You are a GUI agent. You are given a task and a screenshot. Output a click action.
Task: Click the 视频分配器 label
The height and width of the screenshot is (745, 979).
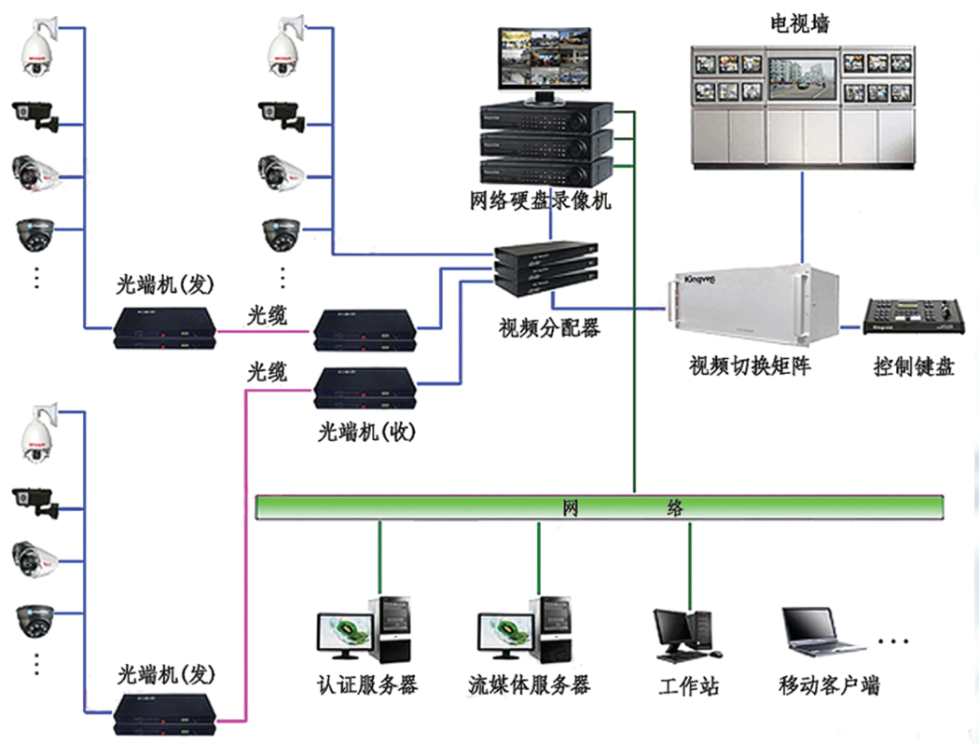(x=549, y=328)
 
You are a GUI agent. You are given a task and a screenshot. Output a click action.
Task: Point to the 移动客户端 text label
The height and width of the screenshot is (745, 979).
(x=829, y=687)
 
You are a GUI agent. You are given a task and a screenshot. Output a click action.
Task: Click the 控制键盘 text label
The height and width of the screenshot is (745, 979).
(x=914, y=366)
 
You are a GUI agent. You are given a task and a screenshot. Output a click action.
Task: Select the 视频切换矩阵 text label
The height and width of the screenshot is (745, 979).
(x=749, y=365)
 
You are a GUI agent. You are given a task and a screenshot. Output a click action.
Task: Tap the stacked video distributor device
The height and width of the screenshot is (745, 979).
(x=546, y=268)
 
